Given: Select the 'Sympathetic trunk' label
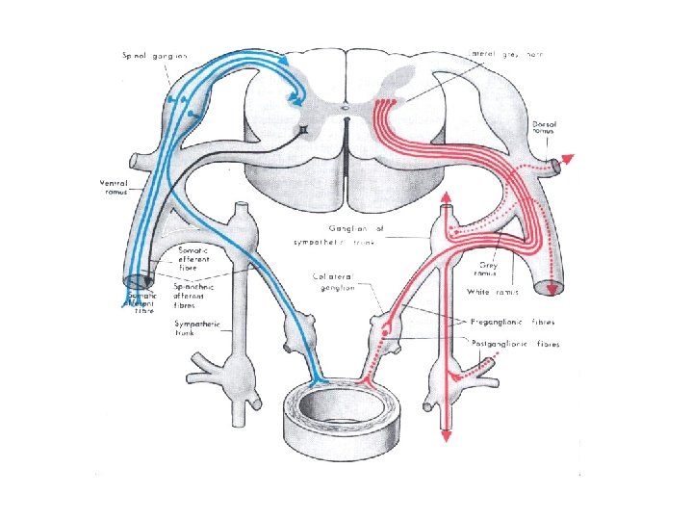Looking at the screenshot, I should [197, 328].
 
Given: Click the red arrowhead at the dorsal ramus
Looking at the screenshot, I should [570, 159].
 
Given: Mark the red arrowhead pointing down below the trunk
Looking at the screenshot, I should [446, 437].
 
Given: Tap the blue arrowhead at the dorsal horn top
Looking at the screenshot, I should [287, 61].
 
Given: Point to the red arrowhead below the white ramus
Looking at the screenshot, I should [550, 289].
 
